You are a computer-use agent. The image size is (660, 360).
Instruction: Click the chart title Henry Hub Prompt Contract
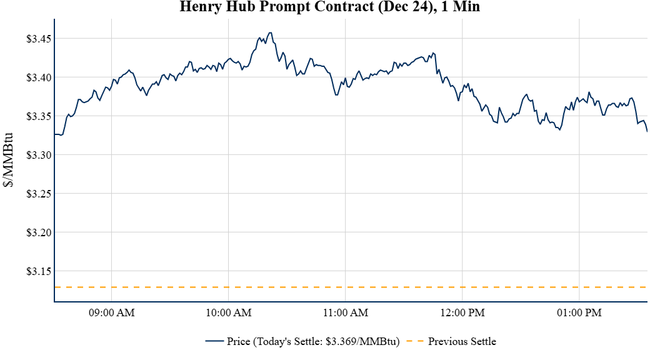pos(329,7)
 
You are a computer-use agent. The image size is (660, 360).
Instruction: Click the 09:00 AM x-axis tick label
pos(112,312)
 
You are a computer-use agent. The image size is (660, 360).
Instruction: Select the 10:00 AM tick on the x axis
pos(229,312)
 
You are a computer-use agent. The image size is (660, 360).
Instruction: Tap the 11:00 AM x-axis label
pos(346,312)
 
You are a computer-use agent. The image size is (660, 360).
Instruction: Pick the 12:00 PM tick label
pos(462,312)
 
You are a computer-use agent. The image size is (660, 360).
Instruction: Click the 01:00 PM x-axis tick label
pos(579,312)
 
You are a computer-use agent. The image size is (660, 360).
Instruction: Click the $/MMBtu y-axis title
pos(9,160)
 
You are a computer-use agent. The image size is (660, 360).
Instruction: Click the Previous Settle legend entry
pos(462,341)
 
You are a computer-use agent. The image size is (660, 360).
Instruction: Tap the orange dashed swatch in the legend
pos(415,341)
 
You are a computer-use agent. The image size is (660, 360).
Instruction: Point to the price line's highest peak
pos(270,32)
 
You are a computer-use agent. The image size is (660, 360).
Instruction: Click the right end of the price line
pos(647,131)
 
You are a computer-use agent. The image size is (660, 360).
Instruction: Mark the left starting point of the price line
pos(55,134)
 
